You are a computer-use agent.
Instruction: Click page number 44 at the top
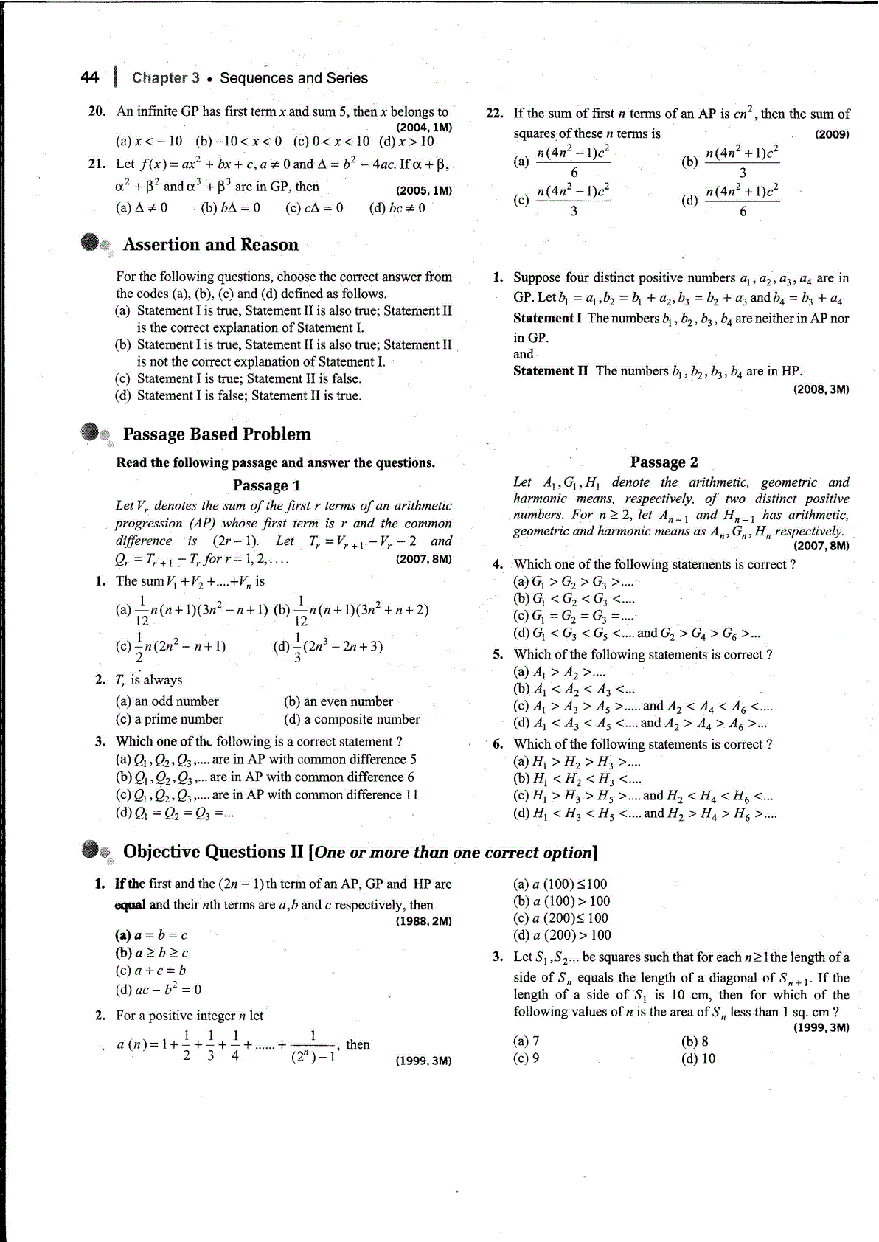click(89, 77)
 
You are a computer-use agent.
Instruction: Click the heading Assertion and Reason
click(210, 245)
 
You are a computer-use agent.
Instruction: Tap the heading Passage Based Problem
click(217, 434)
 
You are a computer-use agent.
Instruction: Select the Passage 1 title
click(266, 485)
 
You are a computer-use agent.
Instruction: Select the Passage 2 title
click(664, 462)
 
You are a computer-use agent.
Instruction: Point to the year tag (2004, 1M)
click(424, 127)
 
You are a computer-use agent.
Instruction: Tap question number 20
click(97, 111)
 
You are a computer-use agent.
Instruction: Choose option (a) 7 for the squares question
click(526, 1041)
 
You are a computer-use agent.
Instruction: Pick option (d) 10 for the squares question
click(698, 1058)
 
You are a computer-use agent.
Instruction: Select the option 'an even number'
click(338, 701)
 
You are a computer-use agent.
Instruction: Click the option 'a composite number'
click(352, 719)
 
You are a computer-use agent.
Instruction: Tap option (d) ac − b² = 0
click(159, 990)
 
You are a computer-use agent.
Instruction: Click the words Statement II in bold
click(550, 371)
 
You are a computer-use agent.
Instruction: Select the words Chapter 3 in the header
click(165, 78)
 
